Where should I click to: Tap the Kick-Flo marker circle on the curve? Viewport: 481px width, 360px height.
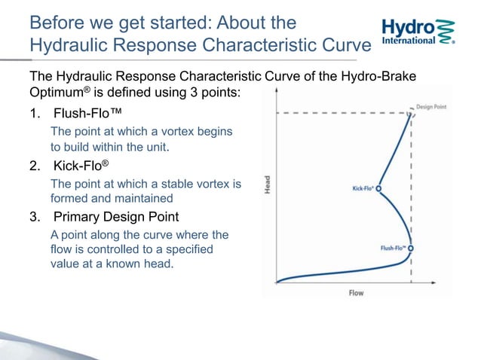[x=378, y=189]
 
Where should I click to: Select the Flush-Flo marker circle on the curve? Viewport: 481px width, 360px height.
[x=411, y=247]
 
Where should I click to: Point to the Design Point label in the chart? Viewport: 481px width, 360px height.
[x=433, y=107]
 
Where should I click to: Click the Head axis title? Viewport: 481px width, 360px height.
[x=267, y=185]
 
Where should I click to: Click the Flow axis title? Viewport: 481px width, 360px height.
[x=355, y=292]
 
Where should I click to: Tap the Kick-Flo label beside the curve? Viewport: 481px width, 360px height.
[x=363, y=189]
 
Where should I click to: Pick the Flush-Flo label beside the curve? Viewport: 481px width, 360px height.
[x=393, y=247]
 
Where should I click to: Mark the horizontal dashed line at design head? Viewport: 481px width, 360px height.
[x=339, y=113]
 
